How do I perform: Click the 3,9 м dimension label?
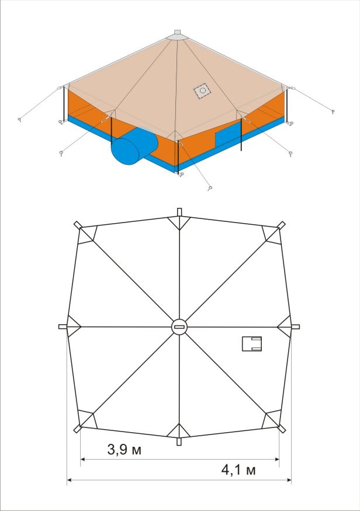(124, 450)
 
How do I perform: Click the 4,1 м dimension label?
(238, 470)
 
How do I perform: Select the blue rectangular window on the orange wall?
(228, 135)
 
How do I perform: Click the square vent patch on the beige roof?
(202, 91)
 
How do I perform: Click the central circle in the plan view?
(179, 327)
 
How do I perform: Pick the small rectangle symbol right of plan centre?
(252, 344)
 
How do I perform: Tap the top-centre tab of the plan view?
(179, 212)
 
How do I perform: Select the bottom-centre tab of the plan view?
(179, 441)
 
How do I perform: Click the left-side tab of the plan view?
(63, 326)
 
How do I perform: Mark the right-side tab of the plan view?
(295, 327)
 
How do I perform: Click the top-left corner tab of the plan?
(78, 225)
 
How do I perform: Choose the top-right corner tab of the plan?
(282, 225)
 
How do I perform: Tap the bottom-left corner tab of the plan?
(78, 429)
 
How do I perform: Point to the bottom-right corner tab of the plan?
(282, 429)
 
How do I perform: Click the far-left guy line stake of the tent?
(20, 120)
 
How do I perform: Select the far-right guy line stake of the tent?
(333, 112)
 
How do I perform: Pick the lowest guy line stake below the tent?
(210, 188)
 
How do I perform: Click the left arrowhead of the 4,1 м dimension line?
(69, 479)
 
